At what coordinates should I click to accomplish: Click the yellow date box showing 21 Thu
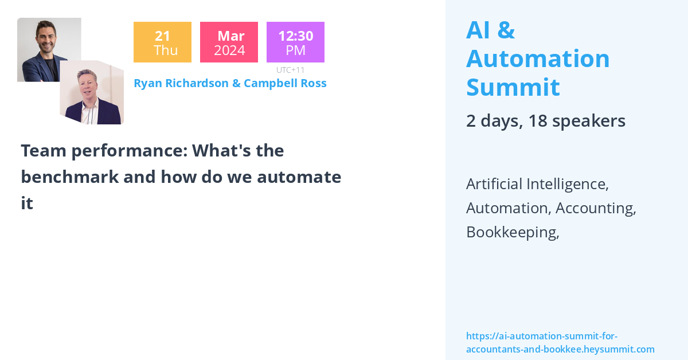point(162,42)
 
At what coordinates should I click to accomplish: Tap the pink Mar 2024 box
point(229,42)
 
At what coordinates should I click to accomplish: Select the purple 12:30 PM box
point(295,42)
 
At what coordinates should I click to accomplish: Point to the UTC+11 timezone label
point(290,70)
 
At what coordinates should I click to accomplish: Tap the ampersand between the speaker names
point(236,83)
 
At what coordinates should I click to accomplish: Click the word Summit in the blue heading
point(513,87)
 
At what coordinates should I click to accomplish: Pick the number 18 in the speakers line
point(538,121)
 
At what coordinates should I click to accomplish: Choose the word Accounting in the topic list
point(596,208)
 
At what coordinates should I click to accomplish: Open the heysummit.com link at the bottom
point(560,343)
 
